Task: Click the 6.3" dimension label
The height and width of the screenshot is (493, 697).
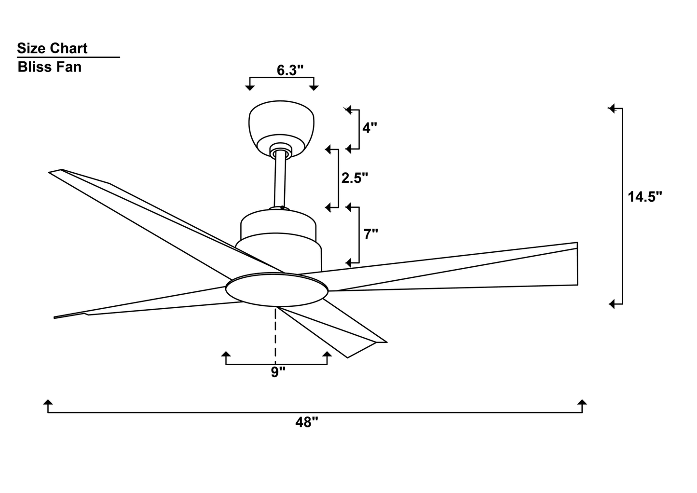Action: coord(290,70)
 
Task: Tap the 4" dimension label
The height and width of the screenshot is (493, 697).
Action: coord(369,128)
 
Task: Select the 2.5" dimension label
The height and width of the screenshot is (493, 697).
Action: coord(355,178)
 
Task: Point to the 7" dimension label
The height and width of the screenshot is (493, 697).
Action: coord(370,234)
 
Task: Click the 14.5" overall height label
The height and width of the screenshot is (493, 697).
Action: coord(645,197)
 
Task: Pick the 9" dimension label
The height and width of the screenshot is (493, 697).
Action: coord(278,372)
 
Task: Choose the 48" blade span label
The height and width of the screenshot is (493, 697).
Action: coord(307,423)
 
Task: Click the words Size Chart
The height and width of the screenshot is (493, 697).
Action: coord(52,48)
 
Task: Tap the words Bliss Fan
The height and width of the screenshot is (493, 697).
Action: coord(50,67)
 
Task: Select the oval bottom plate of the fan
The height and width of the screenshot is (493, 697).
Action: coord(276,290)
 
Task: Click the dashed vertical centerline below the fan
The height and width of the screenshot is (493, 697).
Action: coord(275,333)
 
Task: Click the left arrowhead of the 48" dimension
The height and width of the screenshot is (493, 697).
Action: coord(48,403)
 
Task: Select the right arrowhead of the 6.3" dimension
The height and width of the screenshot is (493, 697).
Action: coord(314,87)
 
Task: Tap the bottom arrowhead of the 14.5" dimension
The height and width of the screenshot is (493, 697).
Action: coord(612,304)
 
